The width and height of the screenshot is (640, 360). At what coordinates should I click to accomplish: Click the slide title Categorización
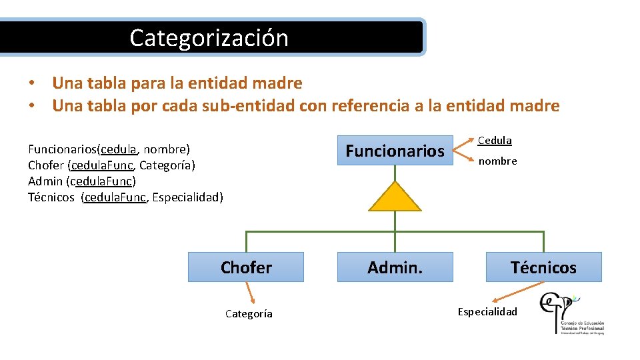(x=209, y=37)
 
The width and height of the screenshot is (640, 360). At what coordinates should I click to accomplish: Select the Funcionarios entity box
(x=395, y=151)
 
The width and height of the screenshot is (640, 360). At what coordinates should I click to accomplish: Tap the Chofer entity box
(x=246, y=267)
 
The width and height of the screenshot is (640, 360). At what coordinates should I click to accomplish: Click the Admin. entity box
(x=395, y=267)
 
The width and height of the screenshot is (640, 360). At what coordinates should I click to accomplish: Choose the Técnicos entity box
(x=543, y=267)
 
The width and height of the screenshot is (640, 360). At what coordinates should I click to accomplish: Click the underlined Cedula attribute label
(x=494, y=141)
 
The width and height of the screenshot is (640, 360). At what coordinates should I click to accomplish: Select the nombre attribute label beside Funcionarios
(x=497, y=161)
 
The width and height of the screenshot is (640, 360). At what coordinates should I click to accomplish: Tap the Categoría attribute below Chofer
(x=248, y=314)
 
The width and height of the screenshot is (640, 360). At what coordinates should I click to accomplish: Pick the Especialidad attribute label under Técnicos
(x=487, y=311)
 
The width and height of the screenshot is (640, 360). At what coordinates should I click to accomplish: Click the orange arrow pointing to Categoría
(x=251, y=293)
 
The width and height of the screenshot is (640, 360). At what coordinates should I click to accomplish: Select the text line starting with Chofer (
(x=111, y=165)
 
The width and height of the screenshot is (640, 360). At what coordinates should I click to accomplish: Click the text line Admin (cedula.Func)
(x=81, y=181)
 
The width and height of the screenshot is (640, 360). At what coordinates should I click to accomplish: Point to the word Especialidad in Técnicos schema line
(x=187, y=197)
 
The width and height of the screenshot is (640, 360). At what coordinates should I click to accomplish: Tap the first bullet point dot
(x=31, y=84)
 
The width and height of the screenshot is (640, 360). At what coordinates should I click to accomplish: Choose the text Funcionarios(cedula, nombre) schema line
(x=109, y=148)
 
